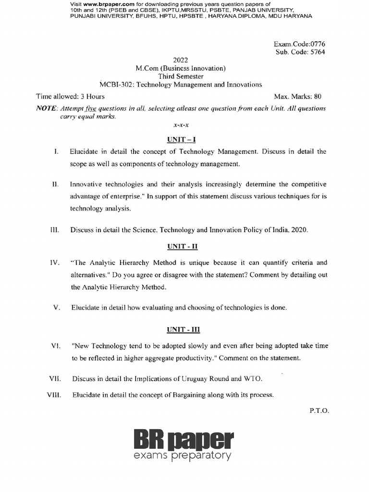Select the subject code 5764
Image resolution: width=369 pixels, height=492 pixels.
316,52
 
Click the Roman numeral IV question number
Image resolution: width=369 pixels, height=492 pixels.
54,263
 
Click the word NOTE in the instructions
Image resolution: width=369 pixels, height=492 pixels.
47,109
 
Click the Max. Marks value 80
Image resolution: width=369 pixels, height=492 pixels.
318,97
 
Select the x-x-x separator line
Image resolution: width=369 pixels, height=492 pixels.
181,125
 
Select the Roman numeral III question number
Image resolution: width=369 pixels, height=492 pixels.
54,230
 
